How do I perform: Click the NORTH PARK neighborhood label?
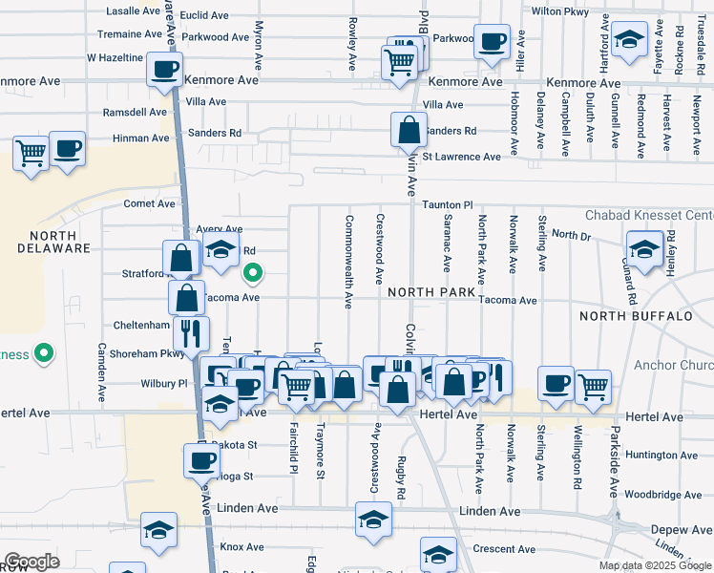[x=431, y=291]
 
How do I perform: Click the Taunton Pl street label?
[x=448, y=205]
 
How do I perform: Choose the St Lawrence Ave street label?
[x=461, y=157]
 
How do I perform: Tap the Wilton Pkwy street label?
[x=560, y=11]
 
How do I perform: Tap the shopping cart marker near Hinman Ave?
[x=31, y=152]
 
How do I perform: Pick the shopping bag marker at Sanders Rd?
[x=409, y=129]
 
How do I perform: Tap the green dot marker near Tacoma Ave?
[x=252, y=275]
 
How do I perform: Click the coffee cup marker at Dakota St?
[x=202, y=461]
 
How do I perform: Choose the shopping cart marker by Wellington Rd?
[x=593, y=386]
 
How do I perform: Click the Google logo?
[x=31, y=562]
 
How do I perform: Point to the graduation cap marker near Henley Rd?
[x=644, y=249]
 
